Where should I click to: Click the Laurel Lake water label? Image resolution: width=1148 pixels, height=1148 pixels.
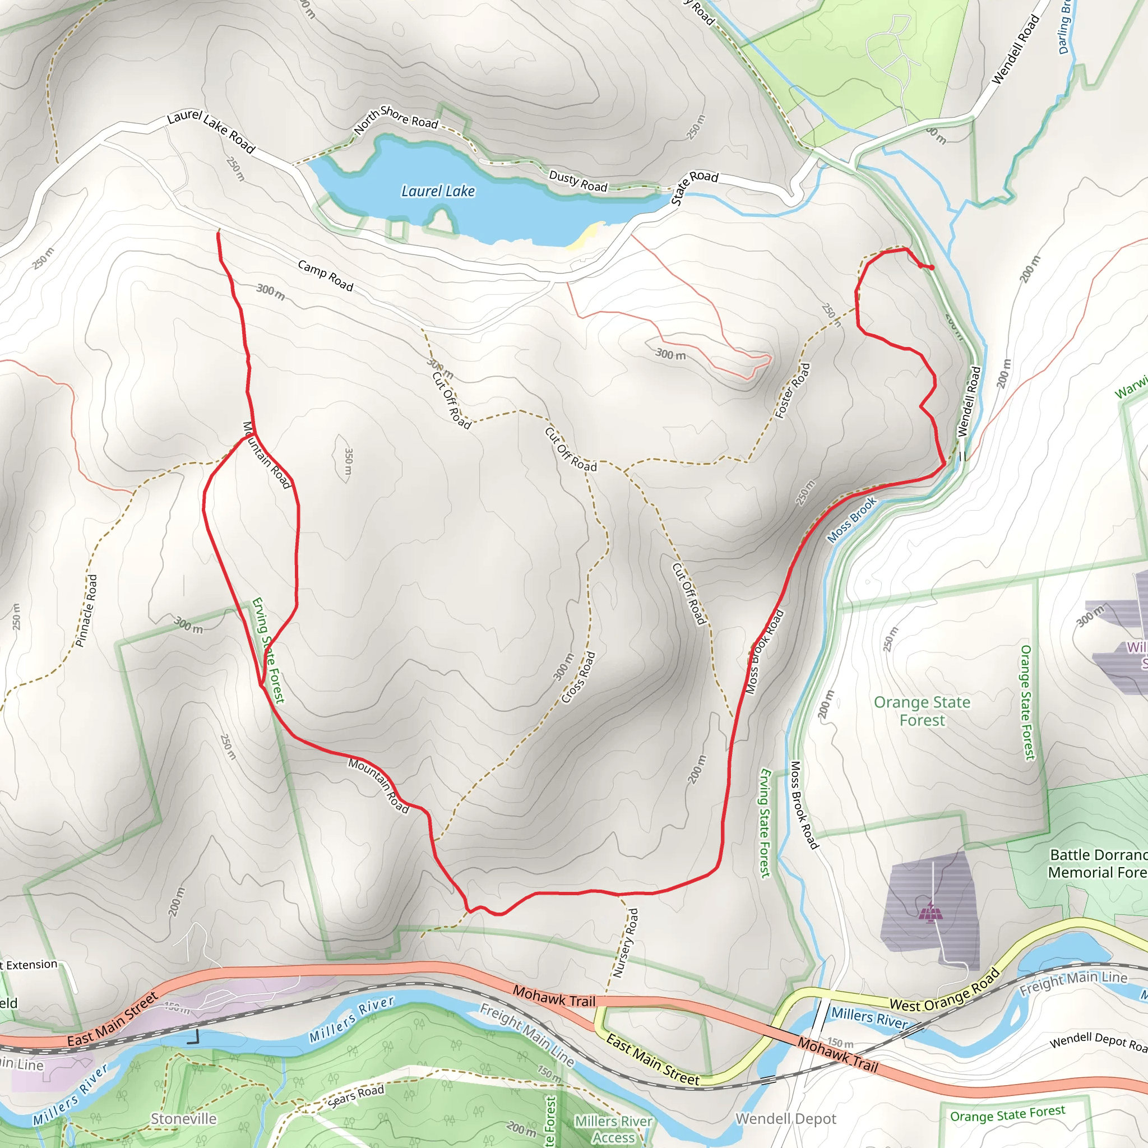438,191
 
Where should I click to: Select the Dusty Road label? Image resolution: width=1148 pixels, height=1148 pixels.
577,181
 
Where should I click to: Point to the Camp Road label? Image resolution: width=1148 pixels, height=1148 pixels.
326,276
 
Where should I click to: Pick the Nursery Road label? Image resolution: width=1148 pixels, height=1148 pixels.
626,943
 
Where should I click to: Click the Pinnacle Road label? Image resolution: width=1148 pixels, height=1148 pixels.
87,610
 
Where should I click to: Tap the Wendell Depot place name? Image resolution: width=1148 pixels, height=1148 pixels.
785,1119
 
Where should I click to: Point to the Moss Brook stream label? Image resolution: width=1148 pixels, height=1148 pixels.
851,520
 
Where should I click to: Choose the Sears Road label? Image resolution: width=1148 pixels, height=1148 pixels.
356,1096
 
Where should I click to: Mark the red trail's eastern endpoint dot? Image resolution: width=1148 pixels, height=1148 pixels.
931,267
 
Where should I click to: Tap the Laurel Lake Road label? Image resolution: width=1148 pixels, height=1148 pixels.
211,131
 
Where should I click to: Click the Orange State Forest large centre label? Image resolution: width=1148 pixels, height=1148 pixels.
922,711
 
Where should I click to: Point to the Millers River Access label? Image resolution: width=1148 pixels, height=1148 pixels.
613,1129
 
